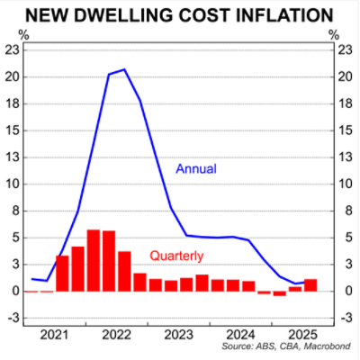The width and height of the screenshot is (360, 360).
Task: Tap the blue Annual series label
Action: tap(196, 168)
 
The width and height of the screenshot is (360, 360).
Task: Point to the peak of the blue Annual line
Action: tap(124, 69)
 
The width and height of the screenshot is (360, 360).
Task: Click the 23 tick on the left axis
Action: tap(12, 49)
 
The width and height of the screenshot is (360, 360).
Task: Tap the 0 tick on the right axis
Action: tap(346, 292)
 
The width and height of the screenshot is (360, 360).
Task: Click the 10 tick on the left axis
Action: tap(12, 184)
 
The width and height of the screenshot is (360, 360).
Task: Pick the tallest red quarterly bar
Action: tap(94, 261)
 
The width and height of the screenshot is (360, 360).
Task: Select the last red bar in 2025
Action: tap(310, 285)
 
